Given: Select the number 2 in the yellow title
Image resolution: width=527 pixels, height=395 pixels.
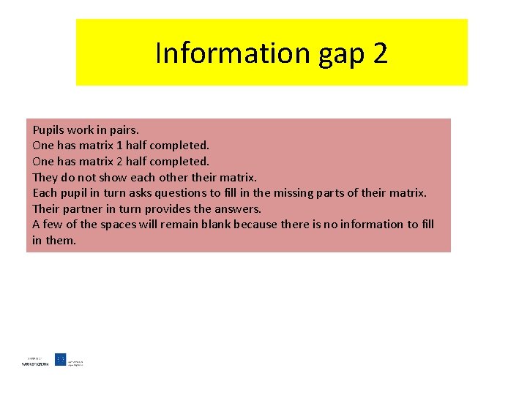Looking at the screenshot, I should [x=380, y=53].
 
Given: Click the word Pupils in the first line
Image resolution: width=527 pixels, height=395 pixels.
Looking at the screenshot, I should [x=48, y=130].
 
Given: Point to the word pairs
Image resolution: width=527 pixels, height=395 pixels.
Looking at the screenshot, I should [x=122, y=130].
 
